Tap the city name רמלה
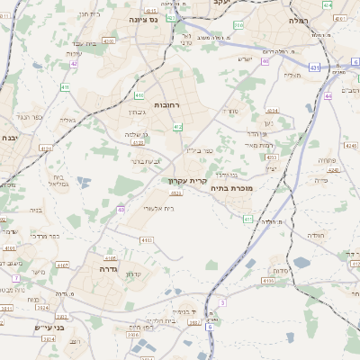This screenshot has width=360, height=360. [300, 20]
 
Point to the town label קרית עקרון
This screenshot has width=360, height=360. [187, 180]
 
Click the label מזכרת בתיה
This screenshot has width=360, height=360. [231, 188]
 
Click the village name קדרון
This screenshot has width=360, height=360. [133, 274]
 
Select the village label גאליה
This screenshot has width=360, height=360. [67, 119]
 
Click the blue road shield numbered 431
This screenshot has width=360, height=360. [313, 67]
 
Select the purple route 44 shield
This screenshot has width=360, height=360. [328, 95]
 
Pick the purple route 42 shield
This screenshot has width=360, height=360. [73, 64]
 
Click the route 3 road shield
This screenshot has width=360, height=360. [220, 303]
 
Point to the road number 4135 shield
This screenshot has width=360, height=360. [267, 281]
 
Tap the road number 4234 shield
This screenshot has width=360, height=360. [271, 112]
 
